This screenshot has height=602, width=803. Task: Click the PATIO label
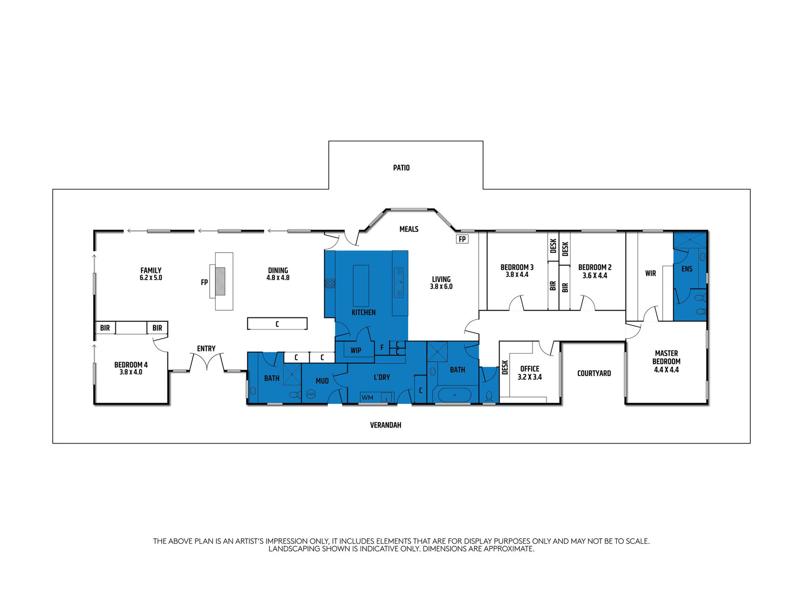[401, 168]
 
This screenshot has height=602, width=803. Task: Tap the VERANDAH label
[385, 425]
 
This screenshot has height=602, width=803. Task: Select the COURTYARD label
[594, 373]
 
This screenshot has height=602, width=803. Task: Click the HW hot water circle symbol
[311, 394]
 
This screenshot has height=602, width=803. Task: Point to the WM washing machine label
[367, 398]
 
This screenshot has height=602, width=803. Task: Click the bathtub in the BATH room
[454, 395]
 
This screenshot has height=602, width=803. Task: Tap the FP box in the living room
[462, 239]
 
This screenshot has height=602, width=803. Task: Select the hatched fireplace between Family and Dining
[220, 281]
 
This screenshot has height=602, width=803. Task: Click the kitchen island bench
[361, 286]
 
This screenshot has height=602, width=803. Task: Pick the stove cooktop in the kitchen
[330, 283]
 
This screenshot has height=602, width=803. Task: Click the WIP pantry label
[355, 351]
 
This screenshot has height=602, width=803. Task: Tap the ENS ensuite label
[687, 269]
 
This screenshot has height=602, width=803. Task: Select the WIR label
[650, 273]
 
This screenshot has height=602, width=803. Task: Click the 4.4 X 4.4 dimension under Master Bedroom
[666, 370]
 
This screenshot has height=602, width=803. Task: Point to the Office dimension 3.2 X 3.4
[530, 377]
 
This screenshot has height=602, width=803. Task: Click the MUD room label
[322, 381]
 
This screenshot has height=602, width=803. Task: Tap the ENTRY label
[206, 349]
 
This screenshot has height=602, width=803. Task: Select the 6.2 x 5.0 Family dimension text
[151, 278]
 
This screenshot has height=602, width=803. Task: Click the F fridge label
[382, 348]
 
